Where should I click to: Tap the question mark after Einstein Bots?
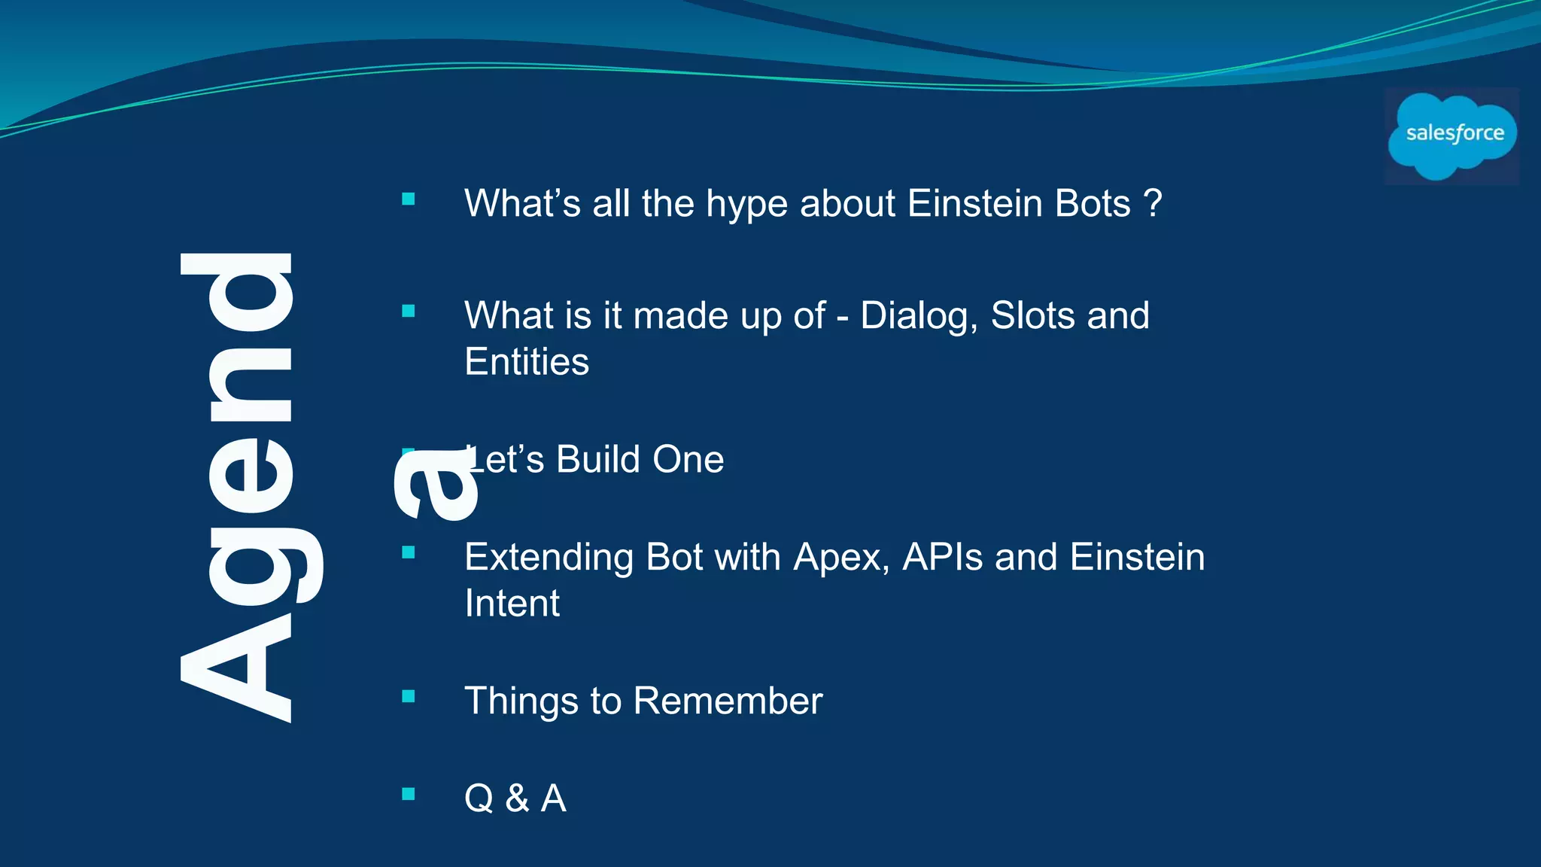[x=1153, y=203]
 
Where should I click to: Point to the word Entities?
[x=527, y=362]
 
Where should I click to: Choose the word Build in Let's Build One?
[x=597, y=459]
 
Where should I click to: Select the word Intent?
[x=512, y=604]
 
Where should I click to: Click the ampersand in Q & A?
[x=517, y=799]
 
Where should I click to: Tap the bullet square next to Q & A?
[x=409, y=794]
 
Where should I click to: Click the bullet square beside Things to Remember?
[x=409, y=696]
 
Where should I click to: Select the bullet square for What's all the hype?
[x=409, y=199]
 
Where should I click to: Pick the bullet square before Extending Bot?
[x=409, y=553]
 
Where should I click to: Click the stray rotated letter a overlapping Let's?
[x=436, y=485]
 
